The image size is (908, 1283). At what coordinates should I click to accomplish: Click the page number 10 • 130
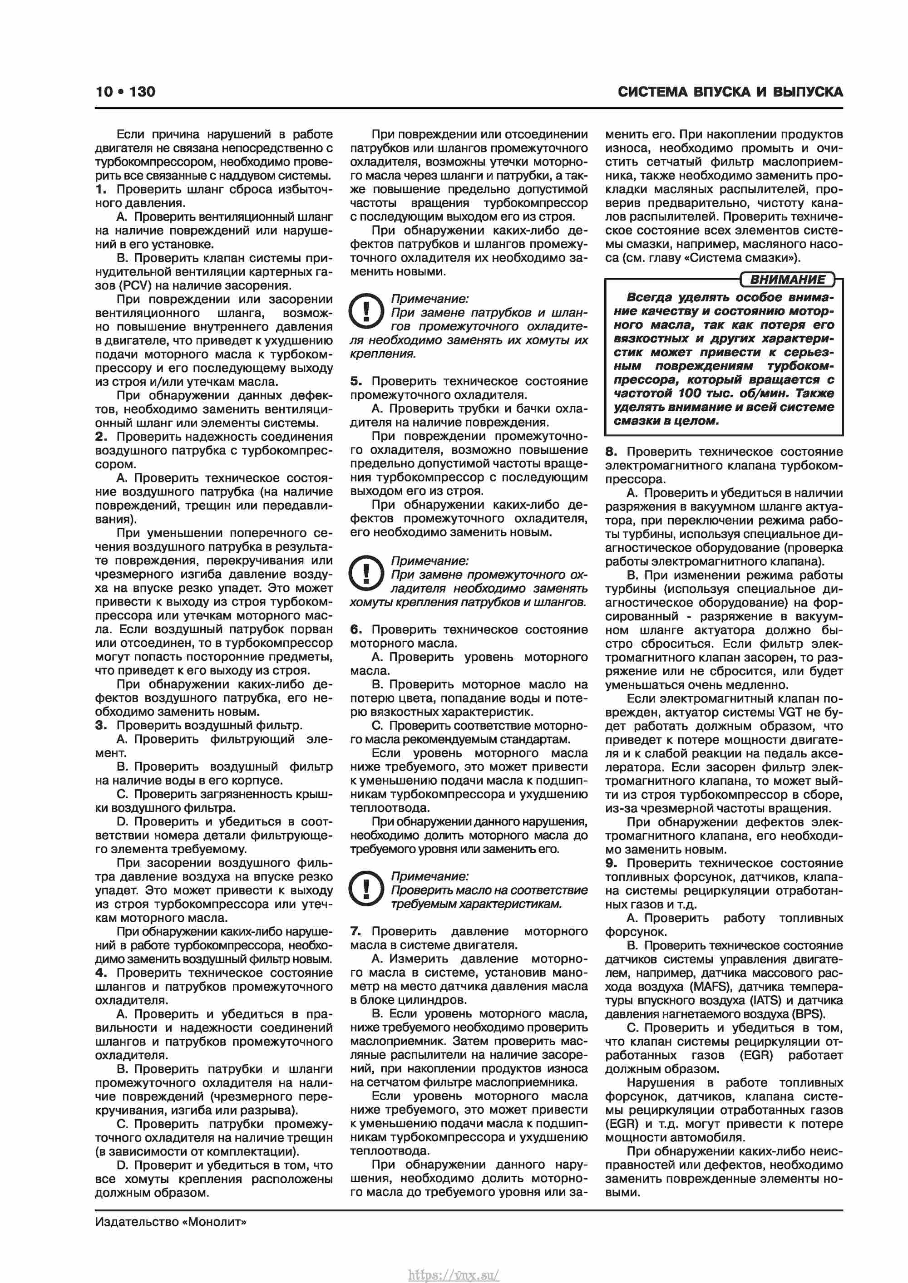pyautogui.click(x=125, y=92)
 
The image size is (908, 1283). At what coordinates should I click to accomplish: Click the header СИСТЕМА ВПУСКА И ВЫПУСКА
pyautogui.click(x=730, y=92)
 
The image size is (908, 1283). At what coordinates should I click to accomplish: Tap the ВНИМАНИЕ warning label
pyautogui.click(x=787, y=280)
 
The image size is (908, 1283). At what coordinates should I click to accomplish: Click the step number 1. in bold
pyautogui.click(x=101, y=189)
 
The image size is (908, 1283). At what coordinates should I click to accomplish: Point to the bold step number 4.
pyautogui.click(x=101, y=973)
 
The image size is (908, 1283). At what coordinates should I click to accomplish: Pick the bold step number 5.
pyautogui.click(x=356, y=381)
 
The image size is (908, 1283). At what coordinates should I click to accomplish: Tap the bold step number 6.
pyautogui.click(x=356, y=629)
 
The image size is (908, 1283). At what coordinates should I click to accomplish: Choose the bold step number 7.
pyautogui.click(x=356, y=931)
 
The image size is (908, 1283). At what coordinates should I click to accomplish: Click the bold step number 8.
pyautogui.click(x=611, y=452)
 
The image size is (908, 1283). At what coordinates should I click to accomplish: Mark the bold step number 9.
pyautogui.click(x=611, y=863)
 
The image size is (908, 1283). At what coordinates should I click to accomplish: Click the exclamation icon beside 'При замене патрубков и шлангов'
pyautogui.click(x=365, y=311)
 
